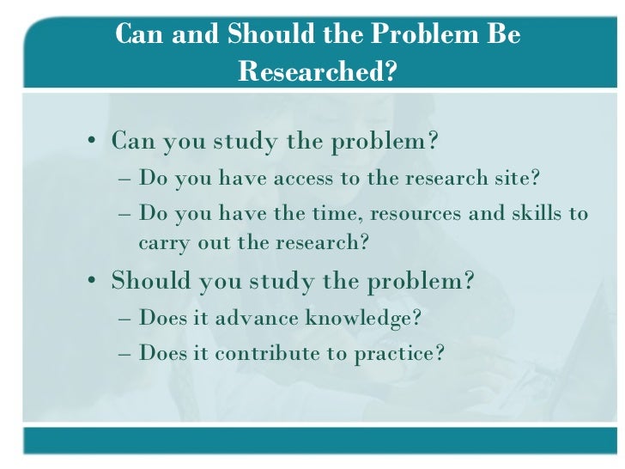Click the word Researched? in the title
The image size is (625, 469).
click(318, 72)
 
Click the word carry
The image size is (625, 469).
click(162, 242)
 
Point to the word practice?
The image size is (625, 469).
click(399, 353)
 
